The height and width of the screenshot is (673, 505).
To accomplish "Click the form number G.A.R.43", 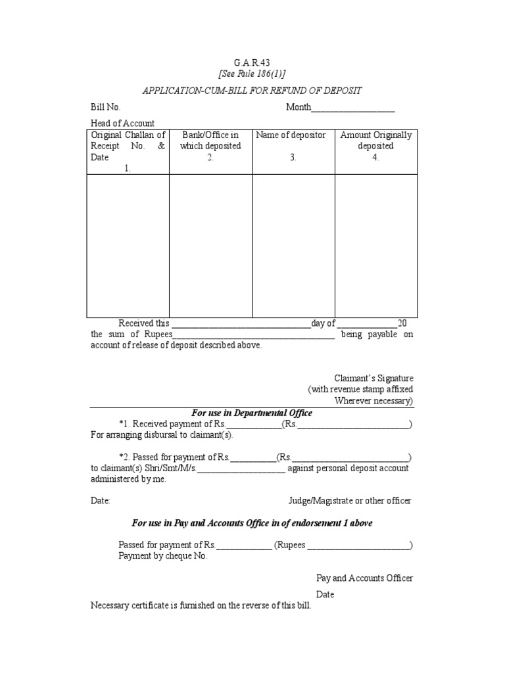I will point(252,62).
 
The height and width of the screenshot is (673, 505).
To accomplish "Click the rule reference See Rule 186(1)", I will point(252,74).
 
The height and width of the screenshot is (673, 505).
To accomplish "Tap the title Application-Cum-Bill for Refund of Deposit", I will point(252,90).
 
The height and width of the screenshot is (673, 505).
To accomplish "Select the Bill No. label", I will point(106,108).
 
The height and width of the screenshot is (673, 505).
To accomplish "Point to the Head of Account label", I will point(122,124).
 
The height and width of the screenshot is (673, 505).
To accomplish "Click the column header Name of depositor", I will point(293,135).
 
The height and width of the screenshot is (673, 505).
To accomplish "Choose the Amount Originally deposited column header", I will point(376,141).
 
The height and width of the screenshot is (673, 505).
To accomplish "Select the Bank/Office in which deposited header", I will point(210,141).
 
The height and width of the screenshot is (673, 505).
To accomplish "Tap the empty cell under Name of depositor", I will point(293,246).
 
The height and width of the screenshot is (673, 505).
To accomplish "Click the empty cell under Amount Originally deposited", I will point(376,246).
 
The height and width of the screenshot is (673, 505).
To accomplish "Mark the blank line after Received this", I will point(240,324).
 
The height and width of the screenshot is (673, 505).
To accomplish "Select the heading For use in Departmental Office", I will point(252,413).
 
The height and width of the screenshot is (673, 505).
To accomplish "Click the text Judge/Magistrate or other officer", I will point(350,501).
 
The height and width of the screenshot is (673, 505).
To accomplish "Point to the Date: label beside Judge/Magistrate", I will point(101,501).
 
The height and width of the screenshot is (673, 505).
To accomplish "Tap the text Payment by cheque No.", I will point(163,556).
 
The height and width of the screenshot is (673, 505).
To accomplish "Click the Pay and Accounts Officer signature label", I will point(365,578).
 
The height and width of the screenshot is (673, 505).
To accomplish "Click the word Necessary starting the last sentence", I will point(110,605).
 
